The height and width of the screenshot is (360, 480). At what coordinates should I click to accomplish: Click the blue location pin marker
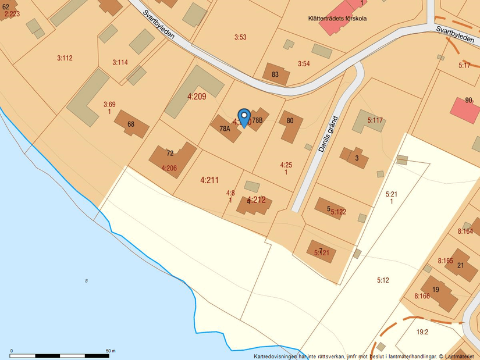tap(244, 117)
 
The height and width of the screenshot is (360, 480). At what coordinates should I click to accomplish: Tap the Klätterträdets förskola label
tap(337, 19)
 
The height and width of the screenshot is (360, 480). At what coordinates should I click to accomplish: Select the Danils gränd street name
tap(328, 134)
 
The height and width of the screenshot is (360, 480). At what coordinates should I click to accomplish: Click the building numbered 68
tap(131, 124)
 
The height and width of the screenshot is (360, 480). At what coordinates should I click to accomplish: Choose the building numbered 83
tap(275, 74)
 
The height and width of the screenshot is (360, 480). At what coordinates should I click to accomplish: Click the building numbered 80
tap(290, 126)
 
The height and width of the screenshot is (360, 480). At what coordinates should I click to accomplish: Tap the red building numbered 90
tap(465, 109)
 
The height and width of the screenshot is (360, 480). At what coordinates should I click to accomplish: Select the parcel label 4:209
tap(197, 97)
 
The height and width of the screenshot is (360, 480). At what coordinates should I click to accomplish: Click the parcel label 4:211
tap(209, 180)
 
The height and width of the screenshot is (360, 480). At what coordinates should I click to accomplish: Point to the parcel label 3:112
tap(65, 58)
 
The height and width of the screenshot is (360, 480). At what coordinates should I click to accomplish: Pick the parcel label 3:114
tap(120, 62)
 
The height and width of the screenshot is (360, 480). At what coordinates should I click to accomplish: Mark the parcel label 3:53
tap(240, 37)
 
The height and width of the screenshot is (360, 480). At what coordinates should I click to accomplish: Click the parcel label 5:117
tap(375, 120)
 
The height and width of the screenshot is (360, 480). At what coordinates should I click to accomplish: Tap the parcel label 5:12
tap(382, 280)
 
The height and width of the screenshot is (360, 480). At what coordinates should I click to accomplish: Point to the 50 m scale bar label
tap(111, 351)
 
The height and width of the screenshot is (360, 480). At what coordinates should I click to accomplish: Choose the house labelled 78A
tap(225, 129)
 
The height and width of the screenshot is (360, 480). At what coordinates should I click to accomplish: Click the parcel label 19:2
tap(422, 332)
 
